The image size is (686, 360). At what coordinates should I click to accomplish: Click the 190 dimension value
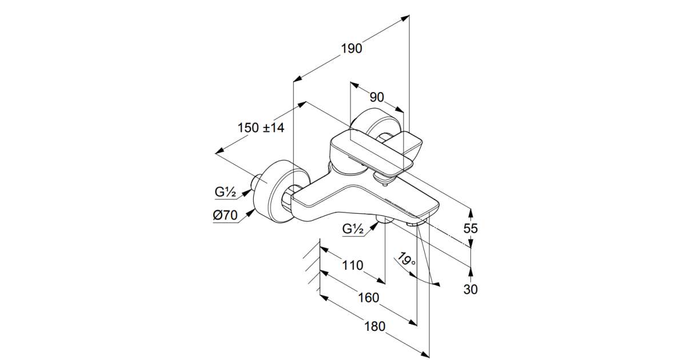352,49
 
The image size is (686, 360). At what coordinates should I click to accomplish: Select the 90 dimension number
376,97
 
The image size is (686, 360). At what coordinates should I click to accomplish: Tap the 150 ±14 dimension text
261,128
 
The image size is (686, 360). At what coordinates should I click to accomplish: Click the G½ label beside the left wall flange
226,193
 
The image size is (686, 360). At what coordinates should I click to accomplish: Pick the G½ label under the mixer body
353,229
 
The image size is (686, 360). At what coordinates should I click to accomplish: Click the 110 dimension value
353,265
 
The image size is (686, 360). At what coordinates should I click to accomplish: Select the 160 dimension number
369,298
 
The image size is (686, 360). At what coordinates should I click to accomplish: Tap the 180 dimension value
374,326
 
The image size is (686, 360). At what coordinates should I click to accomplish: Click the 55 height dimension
470,228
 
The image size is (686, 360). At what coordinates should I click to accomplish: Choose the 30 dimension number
470,289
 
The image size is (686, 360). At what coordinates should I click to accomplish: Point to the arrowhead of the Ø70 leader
253,211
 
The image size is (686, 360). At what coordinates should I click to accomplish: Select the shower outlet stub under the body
383,219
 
